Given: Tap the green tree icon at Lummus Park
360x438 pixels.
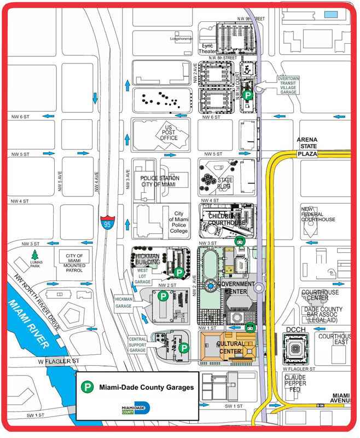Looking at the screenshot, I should [36, 255].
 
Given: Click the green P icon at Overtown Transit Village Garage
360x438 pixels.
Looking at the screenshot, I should [248, 95].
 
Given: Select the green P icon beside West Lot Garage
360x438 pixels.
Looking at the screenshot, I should [178, 272].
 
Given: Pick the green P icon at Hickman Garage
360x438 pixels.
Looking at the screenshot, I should [163, 297].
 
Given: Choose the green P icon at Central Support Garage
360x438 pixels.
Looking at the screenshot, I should [184, 347].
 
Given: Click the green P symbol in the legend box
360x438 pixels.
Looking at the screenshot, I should [86, 387].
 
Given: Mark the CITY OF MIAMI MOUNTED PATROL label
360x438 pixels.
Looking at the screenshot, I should [74, 263].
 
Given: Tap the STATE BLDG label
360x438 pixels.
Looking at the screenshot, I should [225, 183].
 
